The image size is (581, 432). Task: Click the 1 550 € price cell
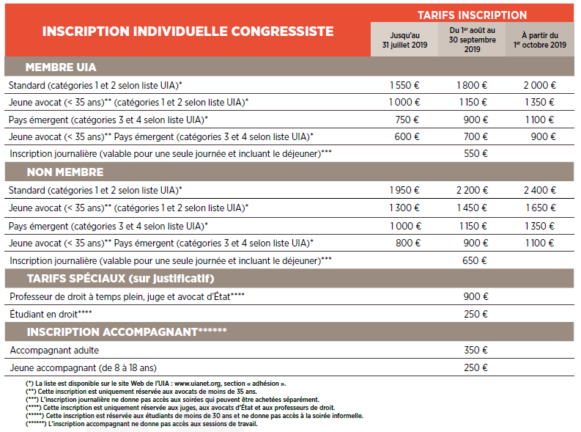click(404, 85)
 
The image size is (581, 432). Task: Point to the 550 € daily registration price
click(476, 153)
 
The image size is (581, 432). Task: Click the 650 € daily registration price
click(476, 260)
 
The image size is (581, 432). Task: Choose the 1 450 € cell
click(472, 208)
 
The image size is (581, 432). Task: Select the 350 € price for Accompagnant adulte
click(476, 351)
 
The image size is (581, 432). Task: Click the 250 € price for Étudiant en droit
click(476, 314)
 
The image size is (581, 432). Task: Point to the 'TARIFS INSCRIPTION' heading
click(472, 15)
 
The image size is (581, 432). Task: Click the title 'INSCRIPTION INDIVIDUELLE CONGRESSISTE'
click(188, 32)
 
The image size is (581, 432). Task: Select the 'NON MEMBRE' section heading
click(65, 172)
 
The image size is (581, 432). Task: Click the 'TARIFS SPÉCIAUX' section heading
click(120, 279)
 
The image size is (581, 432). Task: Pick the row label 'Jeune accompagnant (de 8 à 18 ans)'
click(84, 367)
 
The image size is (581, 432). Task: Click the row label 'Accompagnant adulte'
click(55, 351)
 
